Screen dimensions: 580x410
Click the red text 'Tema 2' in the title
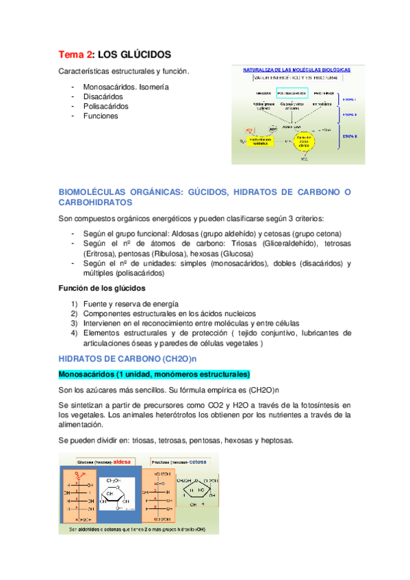(73, 54)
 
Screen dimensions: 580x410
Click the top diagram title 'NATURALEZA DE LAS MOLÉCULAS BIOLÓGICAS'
(297, 70)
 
